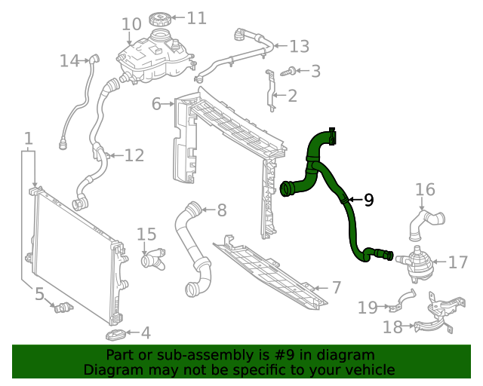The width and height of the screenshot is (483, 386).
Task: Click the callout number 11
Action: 196,18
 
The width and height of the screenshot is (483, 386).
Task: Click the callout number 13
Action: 299,47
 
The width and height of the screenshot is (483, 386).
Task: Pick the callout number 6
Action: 156,103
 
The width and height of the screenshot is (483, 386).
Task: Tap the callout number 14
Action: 69,60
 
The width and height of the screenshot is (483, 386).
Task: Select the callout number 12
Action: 134,156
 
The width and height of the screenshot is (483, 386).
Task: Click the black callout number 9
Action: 368,200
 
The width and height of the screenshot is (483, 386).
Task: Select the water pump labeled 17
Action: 416,262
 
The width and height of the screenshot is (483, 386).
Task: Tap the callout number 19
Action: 368,307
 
